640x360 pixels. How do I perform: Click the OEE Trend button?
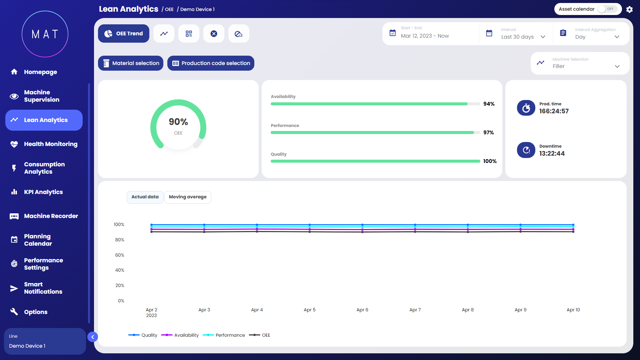click(x=124, y=34)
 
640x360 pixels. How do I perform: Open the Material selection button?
click(x=131, y=63)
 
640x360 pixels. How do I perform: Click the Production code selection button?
click(x=211, y=63)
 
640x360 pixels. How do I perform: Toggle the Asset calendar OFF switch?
click(x=607, y=9)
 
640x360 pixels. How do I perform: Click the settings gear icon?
click(x=629, y=9)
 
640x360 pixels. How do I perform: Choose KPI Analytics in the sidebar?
click(x=43, y=192)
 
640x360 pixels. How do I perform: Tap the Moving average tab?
click(x=188, y=197)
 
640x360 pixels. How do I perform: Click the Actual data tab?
click(x=145, y=197)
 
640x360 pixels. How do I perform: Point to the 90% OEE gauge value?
click(x=178, y=122)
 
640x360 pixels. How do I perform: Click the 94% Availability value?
click(x=489, y=104)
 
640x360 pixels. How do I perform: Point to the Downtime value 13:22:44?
click(x=552, y=154)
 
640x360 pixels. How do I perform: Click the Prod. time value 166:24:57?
click(x=554, y=111)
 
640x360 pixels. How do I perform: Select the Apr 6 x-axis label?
click(x=362, y=310)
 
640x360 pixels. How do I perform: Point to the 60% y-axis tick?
click(x=120, y=255)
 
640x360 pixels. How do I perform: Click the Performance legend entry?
click(x=224, y=335)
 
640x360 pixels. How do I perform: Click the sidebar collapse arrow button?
click(x=93, y=337)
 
